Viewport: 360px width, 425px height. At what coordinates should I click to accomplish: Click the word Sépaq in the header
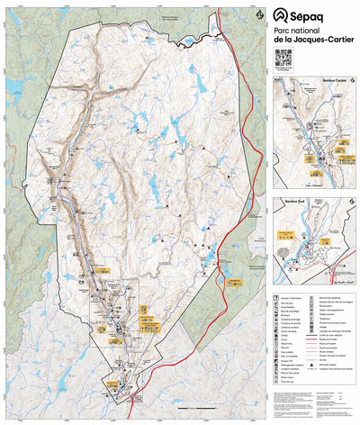tap(313, 14)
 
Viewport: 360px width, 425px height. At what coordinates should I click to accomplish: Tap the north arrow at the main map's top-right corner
tap(260, 14)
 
